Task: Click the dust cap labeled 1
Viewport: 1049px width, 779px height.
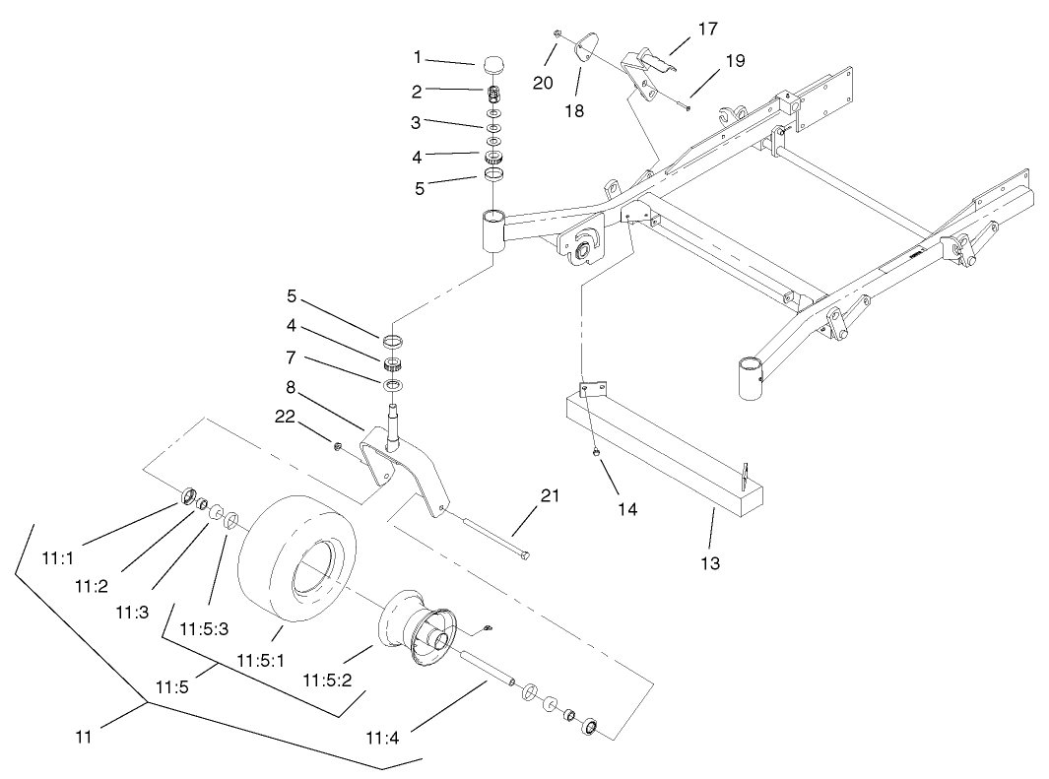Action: coord(492,64)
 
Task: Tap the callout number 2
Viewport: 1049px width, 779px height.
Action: coord(417,91)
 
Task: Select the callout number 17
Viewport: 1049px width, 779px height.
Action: coord(707,30)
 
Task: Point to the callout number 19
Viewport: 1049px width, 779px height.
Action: coord(735,61)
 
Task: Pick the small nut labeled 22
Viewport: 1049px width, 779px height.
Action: coord(338,449)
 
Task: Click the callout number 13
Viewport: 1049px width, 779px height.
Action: coord(710,564)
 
